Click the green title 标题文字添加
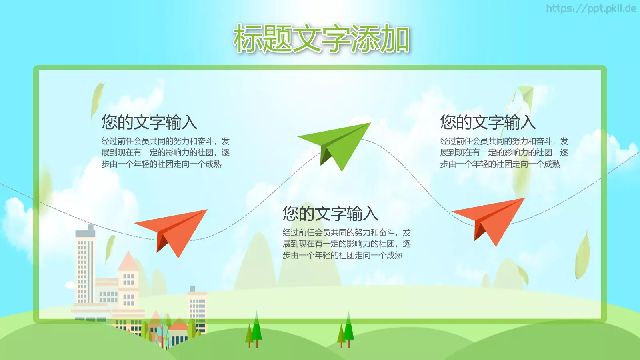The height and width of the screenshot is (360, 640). coord(321,38)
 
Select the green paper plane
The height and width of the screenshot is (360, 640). coord(340,142)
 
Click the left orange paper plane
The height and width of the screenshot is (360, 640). coord(176,230)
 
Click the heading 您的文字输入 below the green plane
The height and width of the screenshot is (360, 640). coord(330,214)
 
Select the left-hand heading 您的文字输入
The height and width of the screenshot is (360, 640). coord(149,122)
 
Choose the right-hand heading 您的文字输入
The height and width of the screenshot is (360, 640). coord(488,122)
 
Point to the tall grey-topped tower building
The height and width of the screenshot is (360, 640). coord(85,264)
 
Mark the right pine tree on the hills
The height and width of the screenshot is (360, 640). coord(348,330)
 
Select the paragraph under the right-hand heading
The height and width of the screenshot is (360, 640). coord(504,152)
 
